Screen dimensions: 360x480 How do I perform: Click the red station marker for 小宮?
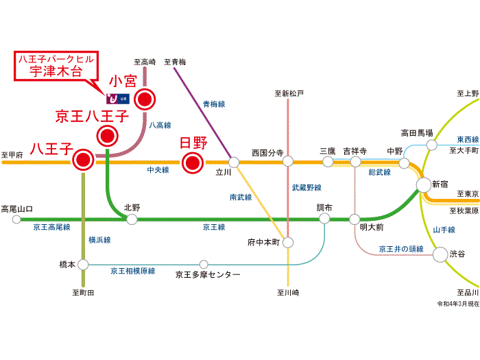click(145, 100)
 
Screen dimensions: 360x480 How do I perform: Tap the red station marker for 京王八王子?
click(107, 136)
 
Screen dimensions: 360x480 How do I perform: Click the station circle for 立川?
click(234, 163)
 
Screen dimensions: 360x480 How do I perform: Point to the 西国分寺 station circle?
click(289, 163)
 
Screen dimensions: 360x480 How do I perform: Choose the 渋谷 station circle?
click(440, 254)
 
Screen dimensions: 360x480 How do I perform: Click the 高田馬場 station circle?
click(432, 145)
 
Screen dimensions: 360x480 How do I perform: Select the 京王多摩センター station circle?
click(204, 264)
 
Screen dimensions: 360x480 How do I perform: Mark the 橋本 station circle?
click(83, 264)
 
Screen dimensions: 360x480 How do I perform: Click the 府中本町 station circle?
click(289, 242)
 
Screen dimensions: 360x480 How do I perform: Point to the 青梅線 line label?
click(214, 104)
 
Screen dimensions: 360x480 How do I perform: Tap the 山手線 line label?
click(444, 230)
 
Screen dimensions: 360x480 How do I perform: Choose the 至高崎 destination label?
click(144, 62)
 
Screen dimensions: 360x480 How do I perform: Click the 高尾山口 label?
click(17, 208)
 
